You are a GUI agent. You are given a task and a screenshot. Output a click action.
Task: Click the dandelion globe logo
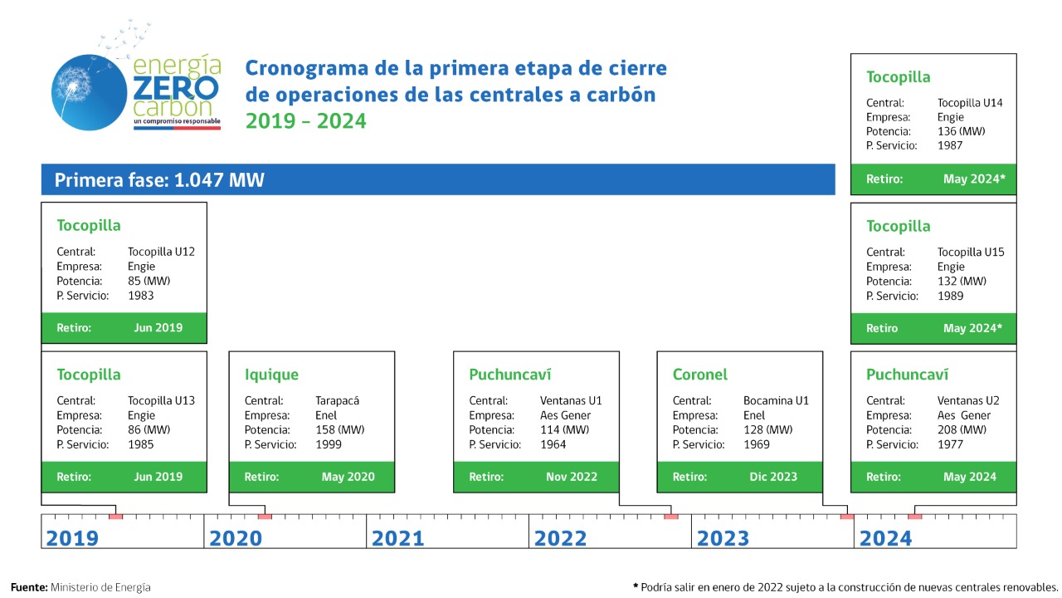89,92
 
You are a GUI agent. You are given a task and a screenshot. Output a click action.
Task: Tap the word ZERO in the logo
176,88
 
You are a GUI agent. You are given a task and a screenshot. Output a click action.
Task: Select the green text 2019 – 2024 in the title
306,121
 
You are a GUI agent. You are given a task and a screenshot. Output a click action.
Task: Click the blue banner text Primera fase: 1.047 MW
159,180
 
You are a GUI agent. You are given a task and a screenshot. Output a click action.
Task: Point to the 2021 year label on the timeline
397,538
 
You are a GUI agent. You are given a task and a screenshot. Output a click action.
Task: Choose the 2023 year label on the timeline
723,538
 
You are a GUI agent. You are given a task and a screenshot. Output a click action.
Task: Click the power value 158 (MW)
340,429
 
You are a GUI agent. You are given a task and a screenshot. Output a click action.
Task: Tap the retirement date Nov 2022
572,477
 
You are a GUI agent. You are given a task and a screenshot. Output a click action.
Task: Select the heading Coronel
699,375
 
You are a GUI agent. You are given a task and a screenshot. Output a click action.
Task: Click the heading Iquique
271,375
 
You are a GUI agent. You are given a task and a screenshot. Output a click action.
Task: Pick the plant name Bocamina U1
776,400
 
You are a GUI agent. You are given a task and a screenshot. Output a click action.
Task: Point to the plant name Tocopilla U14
970,103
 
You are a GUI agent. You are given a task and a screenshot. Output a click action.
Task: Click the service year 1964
553,444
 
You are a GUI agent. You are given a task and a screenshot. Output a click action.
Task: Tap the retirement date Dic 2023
773,477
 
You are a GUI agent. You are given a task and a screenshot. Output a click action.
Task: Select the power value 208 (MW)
962,429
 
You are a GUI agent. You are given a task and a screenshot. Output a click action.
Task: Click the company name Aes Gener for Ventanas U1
565,415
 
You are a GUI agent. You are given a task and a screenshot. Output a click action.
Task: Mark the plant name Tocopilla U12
161,252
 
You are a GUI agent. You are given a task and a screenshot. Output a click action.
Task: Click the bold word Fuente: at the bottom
29,587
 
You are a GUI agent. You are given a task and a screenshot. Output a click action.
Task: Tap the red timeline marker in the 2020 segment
265,517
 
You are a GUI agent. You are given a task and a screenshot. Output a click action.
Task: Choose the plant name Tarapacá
337,400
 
